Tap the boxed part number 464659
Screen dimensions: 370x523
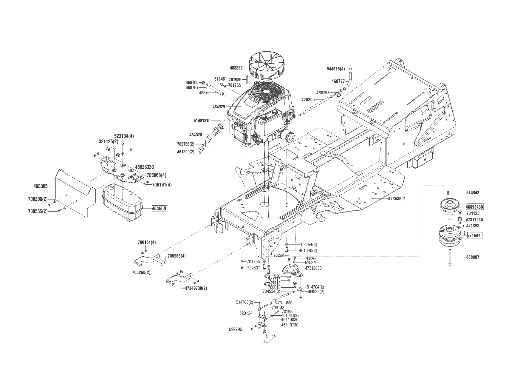click(x=159, y=209)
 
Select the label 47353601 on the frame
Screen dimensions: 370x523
click(x=397, y=199)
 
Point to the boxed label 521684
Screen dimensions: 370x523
click(x=474, y=235)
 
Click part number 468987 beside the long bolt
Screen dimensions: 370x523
click(x=473, y=257)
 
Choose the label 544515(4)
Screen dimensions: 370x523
click(x=336, y=69)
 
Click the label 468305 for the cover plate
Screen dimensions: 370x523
click(x=41, y=186)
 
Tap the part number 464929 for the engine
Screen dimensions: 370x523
click(x=219, y=107)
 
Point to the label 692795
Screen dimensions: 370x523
click(x=236, y=329)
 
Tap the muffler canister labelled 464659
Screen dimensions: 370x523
click(x=122, y=203)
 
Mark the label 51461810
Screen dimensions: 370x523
click(x=202, y=121)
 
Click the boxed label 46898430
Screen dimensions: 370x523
click(x=474, y=207)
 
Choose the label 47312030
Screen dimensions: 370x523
click(x=313, y=268)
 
